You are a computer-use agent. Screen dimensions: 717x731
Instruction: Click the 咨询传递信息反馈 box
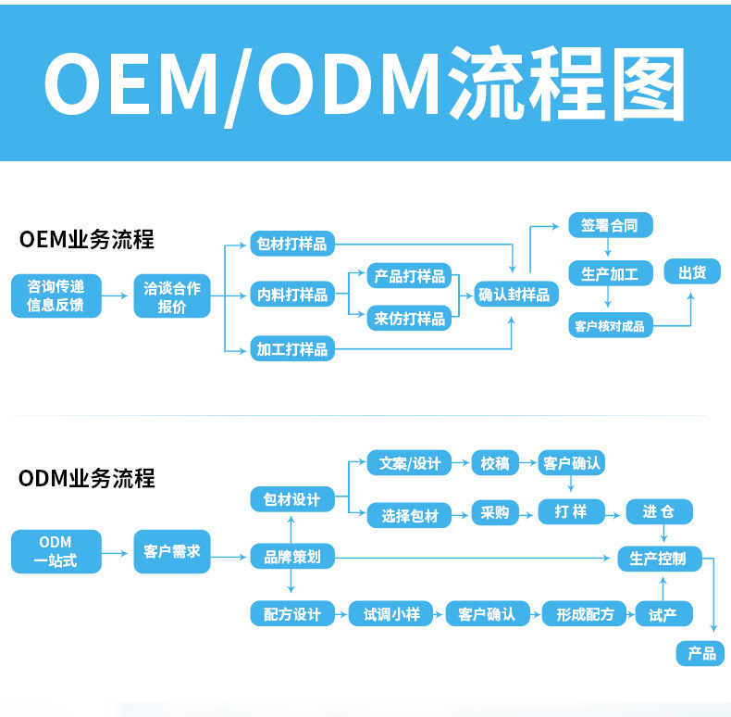click(56, 296)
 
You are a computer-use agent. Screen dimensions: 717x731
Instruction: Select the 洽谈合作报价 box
click(172, 296)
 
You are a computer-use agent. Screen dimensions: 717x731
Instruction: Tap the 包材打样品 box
click(292, 244)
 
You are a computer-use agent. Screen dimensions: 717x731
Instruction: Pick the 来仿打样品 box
click(409, 318)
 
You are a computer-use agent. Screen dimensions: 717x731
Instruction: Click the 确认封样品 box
click(514, 295)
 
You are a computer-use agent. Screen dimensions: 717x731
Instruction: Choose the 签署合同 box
click(609, 225)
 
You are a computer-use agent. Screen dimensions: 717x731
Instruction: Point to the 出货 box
click(692, 272)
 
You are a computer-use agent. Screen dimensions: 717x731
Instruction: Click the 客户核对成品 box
click(609, 325)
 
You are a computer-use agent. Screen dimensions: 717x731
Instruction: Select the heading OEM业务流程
click(86, 240)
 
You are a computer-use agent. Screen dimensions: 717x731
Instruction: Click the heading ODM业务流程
click(86, 478)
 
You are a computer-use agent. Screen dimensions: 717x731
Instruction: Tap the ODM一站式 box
click(56, 551)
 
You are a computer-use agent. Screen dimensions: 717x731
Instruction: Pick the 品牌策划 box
click(292, 556)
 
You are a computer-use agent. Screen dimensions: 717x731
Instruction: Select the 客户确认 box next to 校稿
click(571, 462)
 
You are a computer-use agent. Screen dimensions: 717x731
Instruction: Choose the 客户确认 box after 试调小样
click(487, 613)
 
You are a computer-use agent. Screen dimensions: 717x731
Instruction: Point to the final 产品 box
click(701, 653)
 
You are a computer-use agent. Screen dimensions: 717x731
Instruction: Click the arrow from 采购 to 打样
click(526, 512)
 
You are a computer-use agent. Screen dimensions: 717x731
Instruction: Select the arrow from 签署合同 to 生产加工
click(608, 248)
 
